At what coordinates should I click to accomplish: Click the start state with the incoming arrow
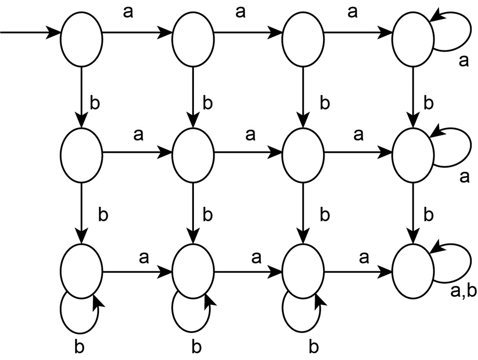click(81, 35)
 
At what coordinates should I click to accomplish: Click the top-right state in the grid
click(413, 35)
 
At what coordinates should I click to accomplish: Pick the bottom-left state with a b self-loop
click(81, 270)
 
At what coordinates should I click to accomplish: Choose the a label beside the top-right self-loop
click(463, 61)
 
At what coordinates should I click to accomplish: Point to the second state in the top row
click(193, 35)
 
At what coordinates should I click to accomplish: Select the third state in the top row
click(303, 35)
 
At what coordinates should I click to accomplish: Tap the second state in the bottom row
click(193, 270)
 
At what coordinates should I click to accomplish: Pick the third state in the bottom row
click(303, 270)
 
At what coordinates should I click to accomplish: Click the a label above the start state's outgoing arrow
click(128, 12)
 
